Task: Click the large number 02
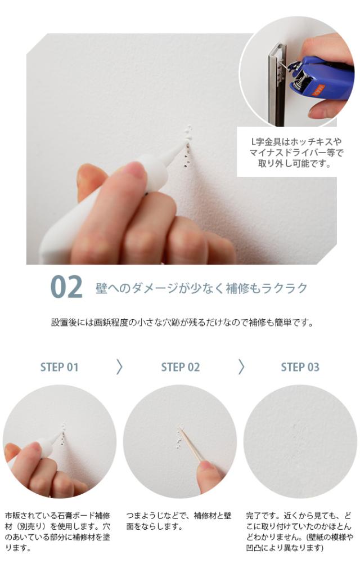tap(66, 287)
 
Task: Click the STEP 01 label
tap(59, 367)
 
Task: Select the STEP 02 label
tap(180, 367)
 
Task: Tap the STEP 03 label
tap(300, 367)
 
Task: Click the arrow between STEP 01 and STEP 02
tap(119, 367)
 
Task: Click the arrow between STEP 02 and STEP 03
tap(241, 367)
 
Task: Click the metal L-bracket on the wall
tap(277, 83)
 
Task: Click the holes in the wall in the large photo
tap(187, 147)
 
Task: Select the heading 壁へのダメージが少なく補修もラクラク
tap(201, 288)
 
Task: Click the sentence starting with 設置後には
tap(182, 323)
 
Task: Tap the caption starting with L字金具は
tap(296, 153)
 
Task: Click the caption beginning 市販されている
tap(57, 531)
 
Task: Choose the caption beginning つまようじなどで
tap(179, 521)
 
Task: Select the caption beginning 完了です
tap(299, 531)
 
